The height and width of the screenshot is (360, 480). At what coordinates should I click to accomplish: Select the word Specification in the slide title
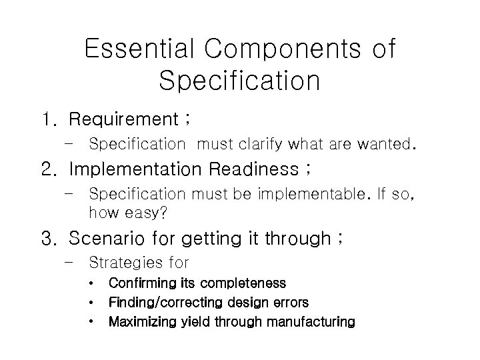(x=240, y=81)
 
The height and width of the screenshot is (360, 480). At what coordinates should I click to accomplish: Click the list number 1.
(x=48, y=120)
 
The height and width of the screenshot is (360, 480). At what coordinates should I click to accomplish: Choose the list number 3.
(x=49, y=238)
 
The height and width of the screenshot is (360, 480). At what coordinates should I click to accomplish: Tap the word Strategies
(x=127, y=262)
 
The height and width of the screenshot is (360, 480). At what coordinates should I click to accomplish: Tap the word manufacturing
(x=310, y=322)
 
